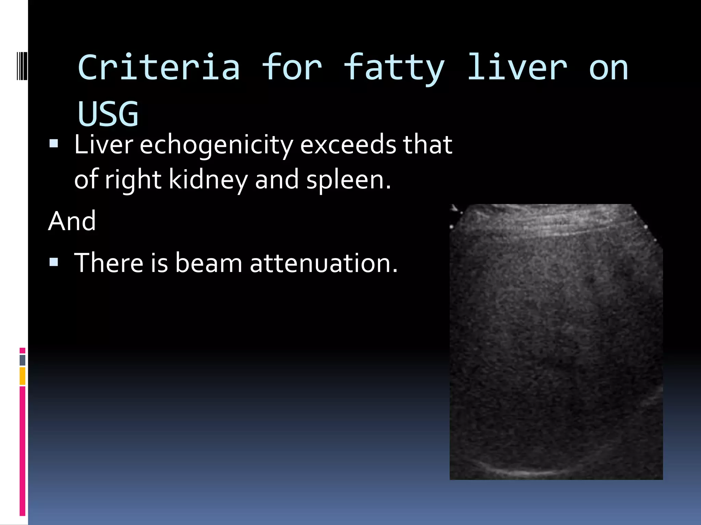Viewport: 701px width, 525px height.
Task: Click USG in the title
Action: (x=108, y=113)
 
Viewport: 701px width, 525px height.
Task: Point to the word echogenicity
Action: (x=216, y=145)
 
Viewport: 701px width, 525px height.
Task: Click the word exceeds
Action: (x=348, y=145)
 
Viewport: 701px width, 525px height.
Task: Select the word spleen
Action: (x=348, y=180)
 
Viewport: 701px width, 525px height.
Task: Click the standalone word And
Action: (x=72, y=221)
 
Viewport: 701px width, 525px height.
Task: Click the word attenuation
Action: (x=324, y=263)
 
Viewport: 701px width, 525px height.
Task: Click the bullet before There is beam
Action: (x=54, y=262)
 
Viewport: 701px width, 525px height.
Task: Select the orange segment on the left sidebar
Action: (x=23, y=376)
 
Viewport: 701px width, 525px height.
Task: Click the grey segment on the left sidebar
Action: (x=23, y=360)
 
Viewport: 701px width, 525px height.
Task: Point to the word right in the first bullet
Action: (x=133, y=180)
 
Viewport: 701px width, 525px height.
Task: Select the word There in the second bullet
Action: (x=109, y=263)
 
